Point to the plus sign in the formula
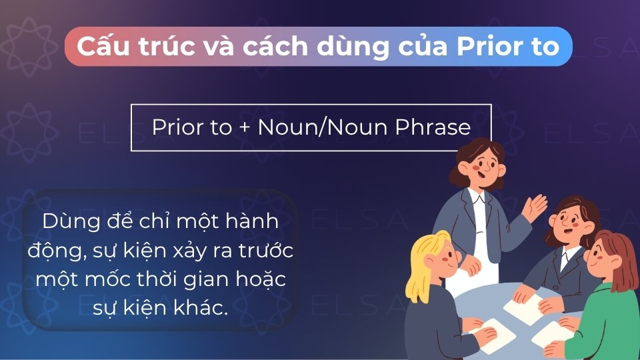[245, 127]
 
